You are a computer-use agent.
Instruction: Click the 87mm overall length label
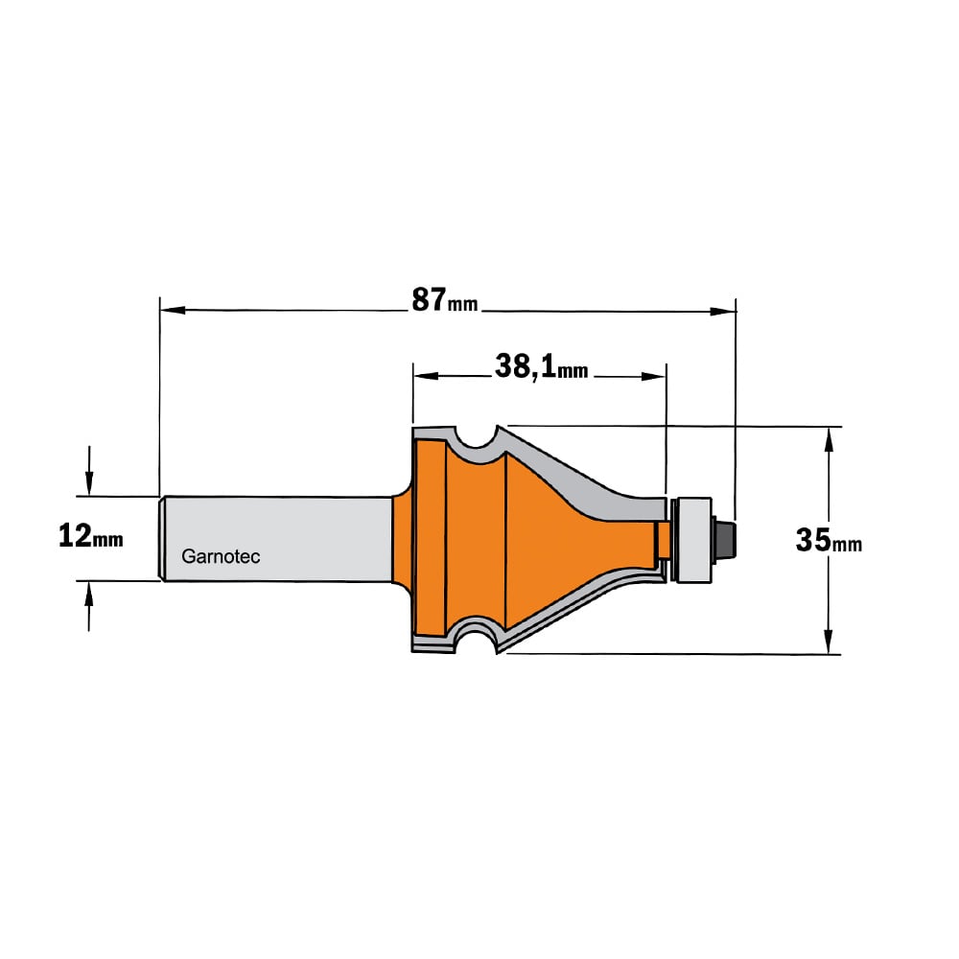[x=445, y=300]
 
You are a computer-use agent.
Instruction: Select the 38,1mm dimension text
[x=541, y=367]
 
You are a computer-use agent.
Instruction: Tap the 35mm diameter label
[x=829, y=541]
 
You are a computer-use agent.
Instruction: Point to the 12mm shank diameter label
[x=90, y=536]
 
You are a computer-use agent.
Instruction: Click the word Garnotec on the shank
[x=221, y=556]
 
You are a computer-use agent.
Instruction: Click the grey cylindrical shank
[x=275, y=538]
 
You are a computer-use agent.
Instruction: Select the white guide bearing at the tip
[x=693, y=539]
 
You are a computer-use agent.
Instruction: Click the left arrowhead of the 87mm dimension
[x=173, y=311]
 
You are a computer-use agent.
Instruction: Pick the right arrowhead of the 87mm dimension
[x=723, y=312]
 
